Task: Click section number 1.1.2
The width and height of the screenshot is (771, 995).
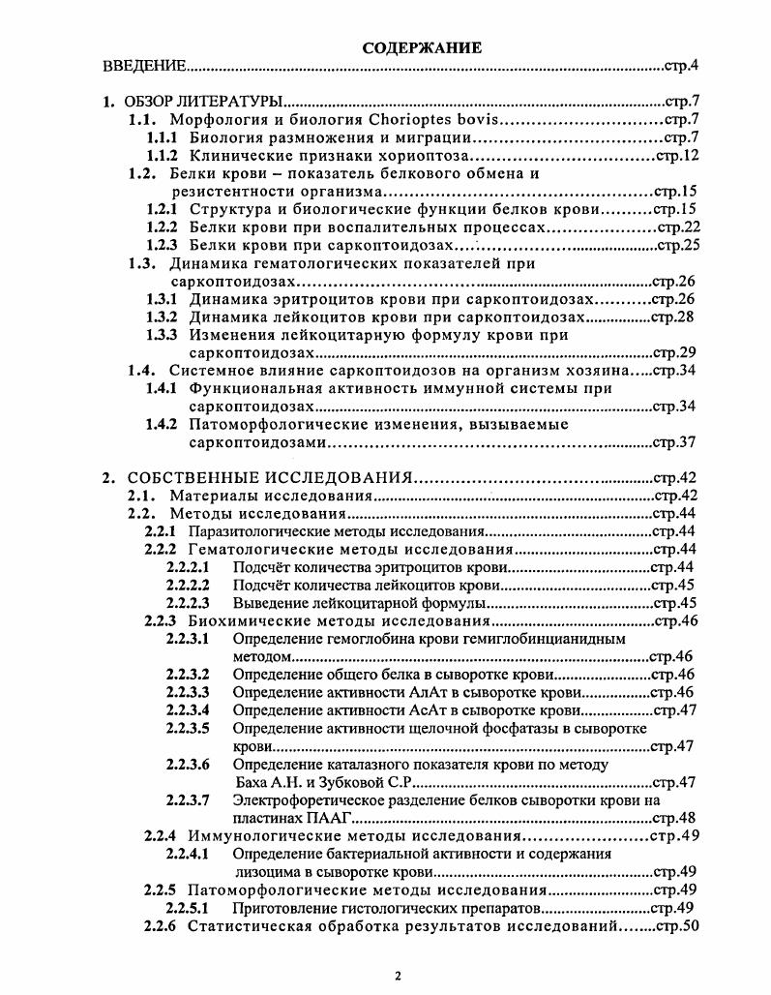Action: [161, 155]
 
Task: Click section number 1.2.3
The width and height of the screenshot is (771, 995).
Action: [161, 246]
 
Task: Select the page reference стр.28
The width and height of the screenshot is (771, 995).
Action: [673, 317]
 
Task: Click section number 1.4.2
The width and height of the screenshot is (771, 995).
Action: [161, 424]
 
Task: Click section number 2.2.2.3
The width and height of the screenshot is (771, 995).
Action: [188, 603]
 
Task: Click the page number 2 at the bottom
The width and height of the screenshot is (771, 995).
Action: [398, 975]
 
